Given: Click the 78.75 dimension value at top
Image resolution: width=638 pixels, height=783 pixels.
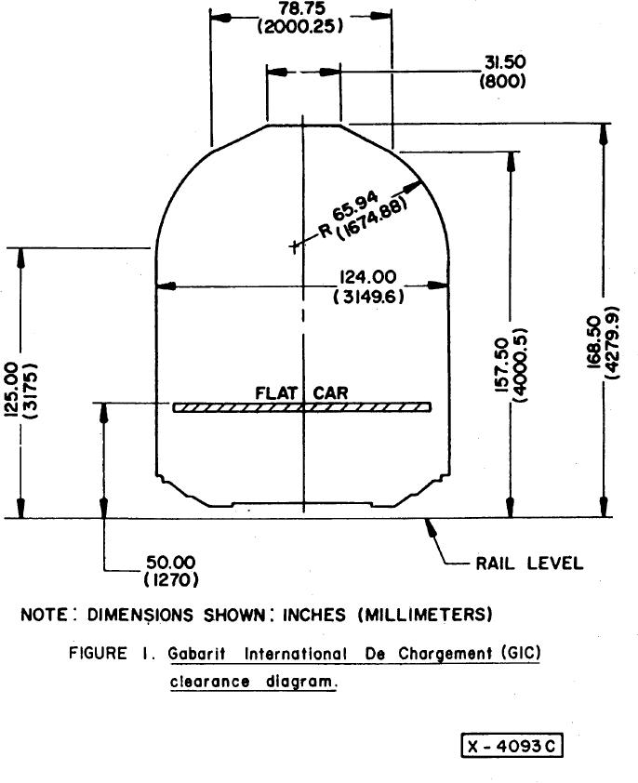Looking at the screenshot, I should pos(302,7).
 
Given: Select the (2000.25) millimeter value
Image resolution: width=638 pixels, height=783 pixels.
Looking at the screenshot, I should pos(301,25).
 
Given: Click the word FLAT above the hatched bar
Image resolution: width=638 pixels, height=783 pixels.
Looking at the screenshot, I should pos(275,393).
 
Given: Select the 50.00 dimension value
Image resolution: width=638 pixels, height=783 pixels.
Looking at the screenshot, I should pos(171,563).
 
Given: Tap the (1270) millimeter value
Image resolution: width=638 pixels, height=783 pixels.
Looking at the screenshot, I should pos(171,580).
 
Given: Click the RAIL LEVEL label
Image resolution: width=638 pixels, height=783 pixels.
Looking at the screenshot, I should pos(529,563).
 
